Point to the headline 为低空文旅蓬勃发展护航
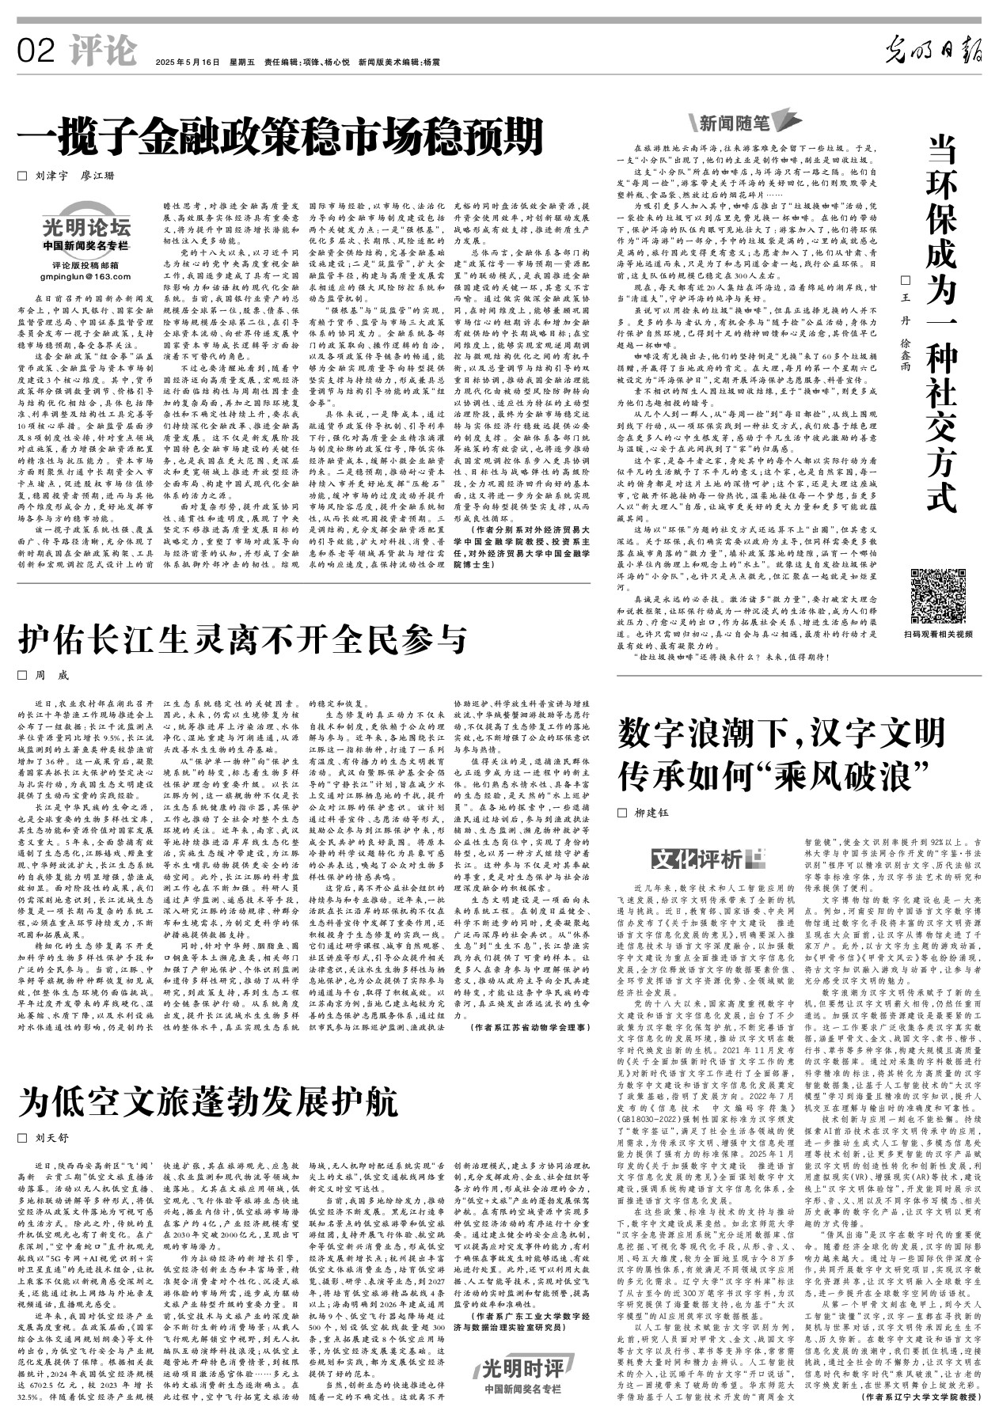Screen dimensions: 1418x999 tap(209, 1101)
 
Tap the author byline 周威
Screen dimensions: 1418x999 tap(52, 675)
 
